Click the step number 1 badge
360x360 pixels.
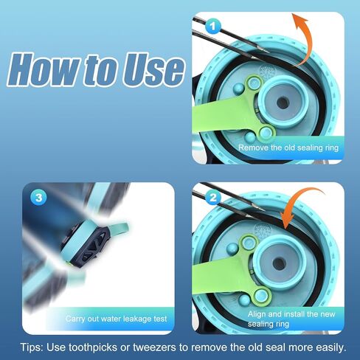tap(212, 26)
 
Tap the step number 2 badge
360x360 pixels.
tap(212, 197)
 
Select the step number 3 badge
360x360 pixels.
tap(39, 198)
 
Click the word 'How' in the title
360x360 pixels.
tap(45, 69)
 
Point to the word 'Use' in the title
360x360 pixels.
tap(153, 70)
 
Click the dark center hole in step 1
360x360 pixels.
tap(283, 103)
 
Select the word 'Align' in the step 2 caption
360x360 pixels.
tap(256, 314)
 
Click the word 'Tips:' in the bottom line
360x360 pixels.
tap(32, 347)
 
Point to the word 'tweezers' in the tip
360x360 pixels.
tap(154, 347)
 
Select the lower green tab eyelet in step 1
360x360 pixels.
tap(266, 133)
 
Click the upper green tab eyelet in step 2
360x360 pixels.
tap(249, 243)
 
